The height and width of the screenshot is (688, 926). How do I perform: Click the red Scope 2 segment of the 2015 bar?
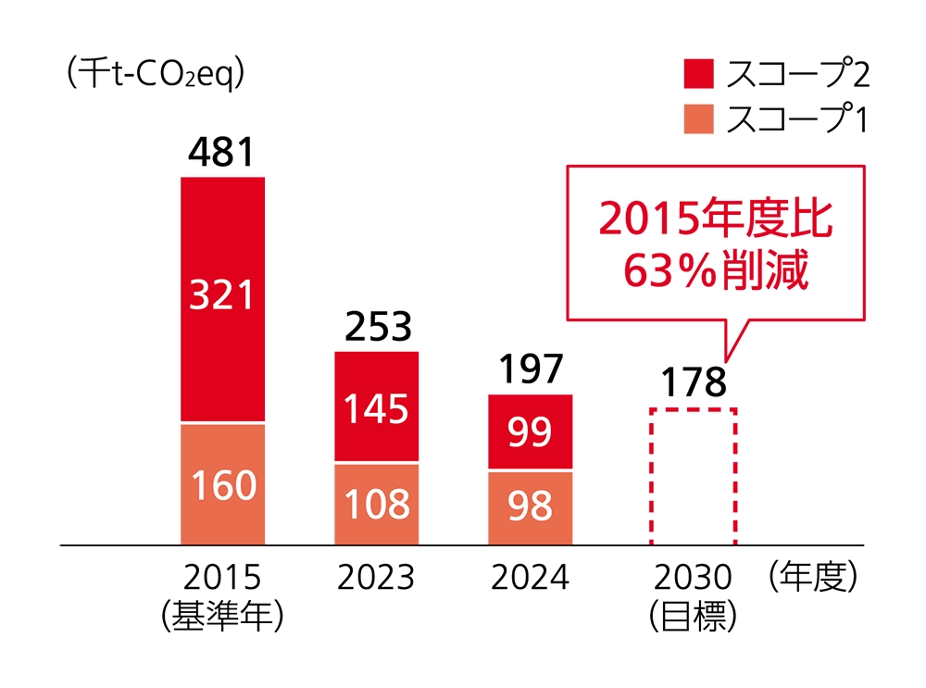click(222, 298)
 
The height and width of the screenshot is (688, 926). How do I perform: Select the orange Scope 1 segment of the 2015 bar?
click(222, 484)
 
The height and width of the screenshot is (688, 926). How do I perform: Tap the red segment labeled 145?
click(377, 407)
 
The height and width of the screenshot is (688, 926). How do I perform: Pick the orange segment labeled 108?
click(377, 505)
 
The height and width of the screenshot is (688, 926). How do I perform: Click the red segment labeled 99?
click(531, 432)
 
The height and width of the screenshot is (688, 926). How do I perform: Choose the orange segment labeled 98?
click(531, 507)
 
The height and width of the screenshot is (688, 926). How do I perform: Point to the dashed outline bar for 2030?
click(692, 477)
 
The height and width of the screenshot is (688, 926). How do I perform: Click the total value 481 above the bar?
click(221, 153)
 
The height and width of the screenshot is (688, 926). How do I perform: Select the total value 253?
click(376, 327)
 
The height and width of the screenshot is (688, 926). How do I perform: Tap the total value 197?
click(530, 370)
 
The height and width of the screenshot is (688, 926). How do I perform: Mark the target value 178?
click(692, 382)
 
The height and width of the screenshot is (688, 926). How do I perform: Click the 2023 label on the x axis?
click(376, 578)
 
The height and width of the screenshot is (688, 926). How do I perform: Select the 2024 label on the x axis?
click(530, 578)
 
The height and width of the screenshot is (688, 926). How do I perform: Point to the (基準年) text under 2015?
click(221, 615)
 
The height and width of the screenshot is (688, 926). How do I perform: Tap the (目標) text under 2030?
click(692, 615)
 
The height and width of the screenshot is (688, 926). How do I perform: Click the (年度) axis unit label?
click(814, 578)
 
